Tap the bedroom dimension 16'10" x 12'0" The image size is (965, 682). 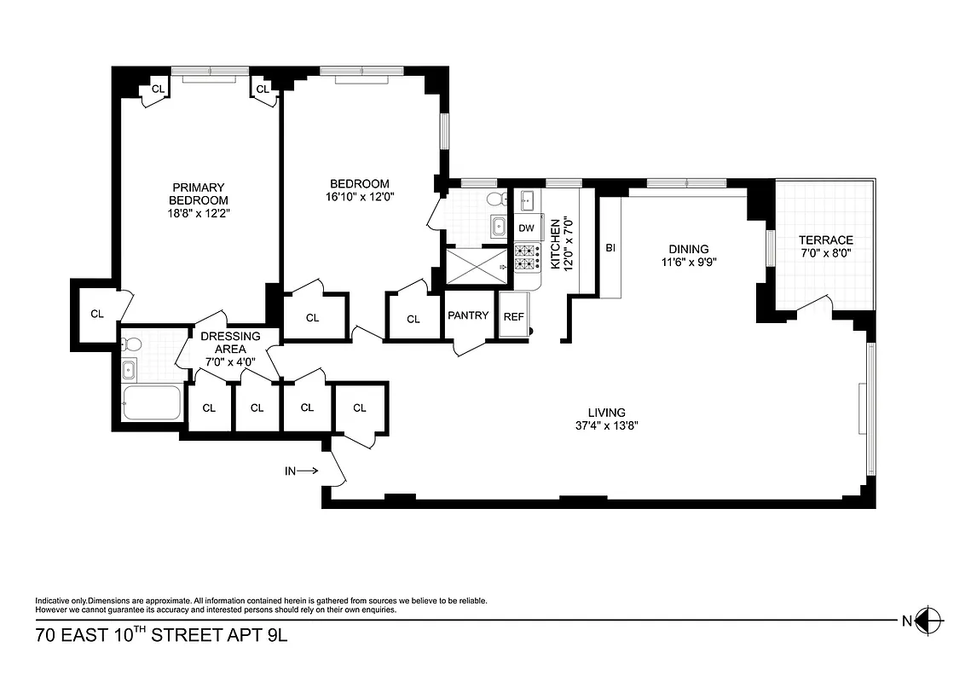click(x=360, y=196)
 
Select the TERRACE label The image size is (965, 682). click(x=825, y=240)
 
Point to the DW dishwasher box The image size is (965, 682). click(x=527, y=228)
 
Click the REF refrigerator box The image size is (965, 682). click(x=513, y=316)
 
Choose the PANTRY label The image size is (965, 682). click(x=468, y=315)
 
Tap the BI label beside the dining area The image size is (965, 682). click(x=610, y=248)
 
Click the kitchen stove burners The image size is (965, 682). click(x=528, y=257)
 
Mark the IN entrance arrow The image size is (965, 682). click(x=302, y=470)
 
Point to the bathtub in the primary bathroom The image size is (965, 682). click(x=153, y=402)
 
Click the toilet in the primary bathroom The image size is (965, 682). click(x=131, y=345)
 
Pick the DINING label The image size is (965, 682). click(x=689, y=249)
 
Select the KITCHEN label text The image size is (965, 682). click(x=555, y=244)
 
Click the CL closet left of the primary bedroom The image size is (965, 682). click(x=97, y=313)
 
